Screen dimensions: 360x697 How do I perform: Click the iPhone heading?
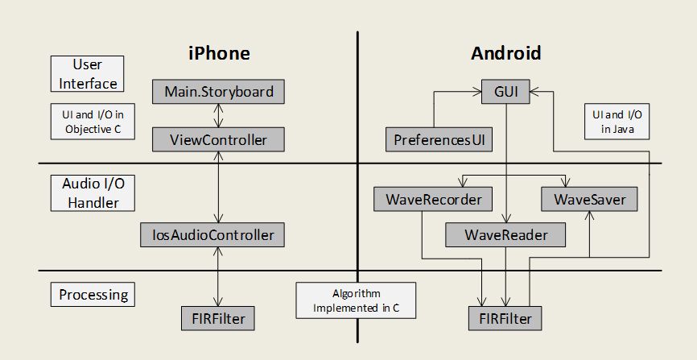(x=219, y=54)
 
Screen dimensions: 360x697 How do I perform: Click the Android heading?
(x=505, y=54)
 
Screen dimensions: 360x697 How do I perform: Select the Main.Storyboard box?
(x=219, y=92)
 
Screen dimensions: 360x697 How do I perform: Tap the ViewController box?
(x=219, y=139)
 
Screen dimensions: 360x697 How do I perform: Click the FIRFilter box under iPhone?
(x=218, y=319)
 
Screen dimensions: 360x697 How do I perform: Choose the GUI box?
(x=505, y=92)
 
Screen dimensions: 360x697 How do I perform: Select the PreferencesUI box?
(x=439, y=139)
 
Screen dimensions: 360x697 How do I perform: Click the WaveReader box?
(x=505, y=235)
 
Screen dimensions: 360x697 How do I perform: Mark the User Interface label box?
(x=88, y=73)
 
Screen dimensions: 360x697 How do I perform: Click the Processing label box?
(x=93, y=295)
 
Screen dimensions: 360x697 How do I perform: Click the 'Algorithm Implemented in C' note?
(x=356, y=300)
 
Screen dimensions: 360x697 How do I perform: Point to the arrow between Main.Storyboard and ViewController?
(x=218, y=116)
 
